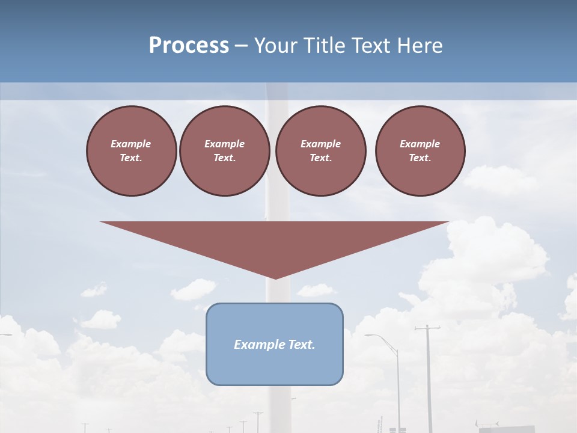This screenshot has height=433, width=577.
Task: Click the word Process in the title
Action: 189,46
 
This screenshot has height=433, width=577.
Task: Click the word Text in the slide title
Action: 372,46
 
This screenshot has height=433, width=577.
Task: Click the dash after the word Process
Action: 241,47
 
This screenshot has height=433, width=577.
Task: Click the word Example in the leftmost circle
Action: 131,144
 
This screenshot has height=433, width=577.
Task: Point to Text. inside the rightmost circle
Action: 420,158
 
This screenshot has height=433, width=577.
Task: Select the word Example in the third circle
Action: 320,144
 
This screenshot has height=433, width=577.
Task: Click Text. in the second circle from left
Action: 224,158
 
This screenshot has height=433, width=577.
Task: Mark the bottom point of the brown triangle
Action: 275,278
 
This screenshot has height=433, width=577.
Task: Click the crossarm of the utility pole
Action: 427,328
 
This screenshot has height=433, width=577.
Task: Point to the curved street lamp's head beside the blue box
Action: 368,335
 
